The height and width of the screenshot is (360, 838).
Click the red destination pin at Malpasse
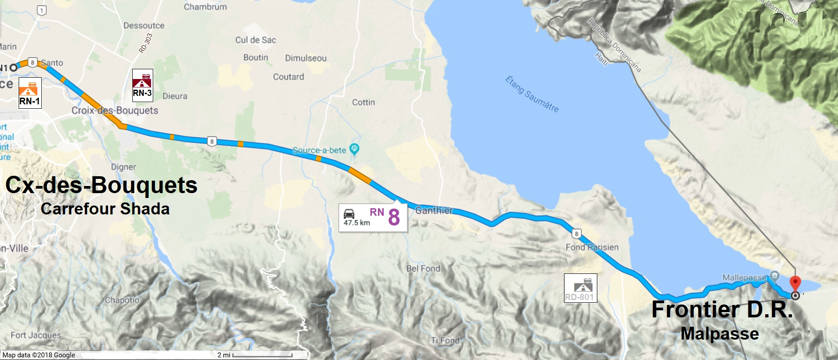pos(795,283)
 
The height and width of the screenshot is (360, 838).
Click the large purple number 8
pos(394,218)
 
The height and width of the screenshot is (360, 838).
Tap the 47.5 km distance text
pos(357,223)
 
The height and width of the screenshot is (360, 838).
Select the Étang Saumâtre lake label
pos(532,94)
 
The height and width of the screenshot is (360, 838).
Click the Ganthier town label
pos(434,210)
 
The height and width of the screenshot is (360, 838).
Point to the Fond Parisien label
pos(592,247)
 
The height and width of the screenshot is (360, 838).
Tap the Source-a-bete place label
pos(319,150)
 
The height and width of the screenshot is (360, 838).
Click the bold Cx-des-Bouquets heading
pos(101,185)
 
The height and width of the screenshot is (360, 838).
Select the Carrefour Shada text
pos(105,209)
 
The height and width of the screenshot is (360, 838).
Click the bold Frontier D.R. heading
pos(722,309)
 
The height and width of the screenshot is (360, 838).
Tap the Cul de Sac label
pos(255,40)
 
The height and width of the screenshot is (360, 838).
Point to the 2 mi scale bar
pos(262,355)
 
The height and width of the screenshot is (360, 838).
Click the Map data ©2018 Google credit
pos(39,355)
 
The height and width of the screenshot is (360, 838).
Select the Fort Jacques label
pos(36,335)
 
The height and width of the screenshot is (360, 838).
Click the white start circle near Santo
pos(13,67)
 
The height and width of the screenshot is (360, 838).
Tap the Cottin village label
pos(363,103)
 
